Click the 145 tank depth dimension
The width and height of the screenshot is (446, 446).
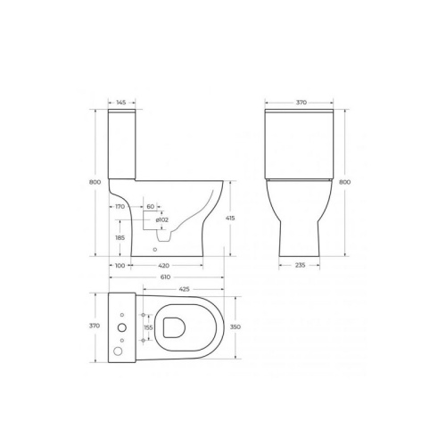[x=121, y=103]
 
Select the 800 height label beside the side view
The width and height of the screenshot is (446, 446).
[x=95, y=182]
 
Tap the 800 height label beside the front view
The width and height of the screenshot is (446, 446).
[x=345, y=182]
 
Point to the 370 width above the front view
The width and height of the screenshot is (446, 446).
[x=301, y=103]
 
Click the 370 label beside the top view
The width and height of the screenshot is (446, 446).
[x=95, y=326]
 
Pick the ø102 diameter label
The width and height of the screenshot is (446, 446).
[x=162, y=219]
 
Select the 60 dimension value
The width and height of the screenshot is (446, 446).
[x=151, y=206]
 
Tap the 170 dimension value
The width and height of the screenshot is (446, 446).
[x=120, y=206]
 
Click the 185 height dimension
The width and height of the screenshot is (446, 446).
[x=120, y=237]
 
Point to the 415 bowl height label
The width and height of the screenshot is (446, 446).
[x=230, y=218]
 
